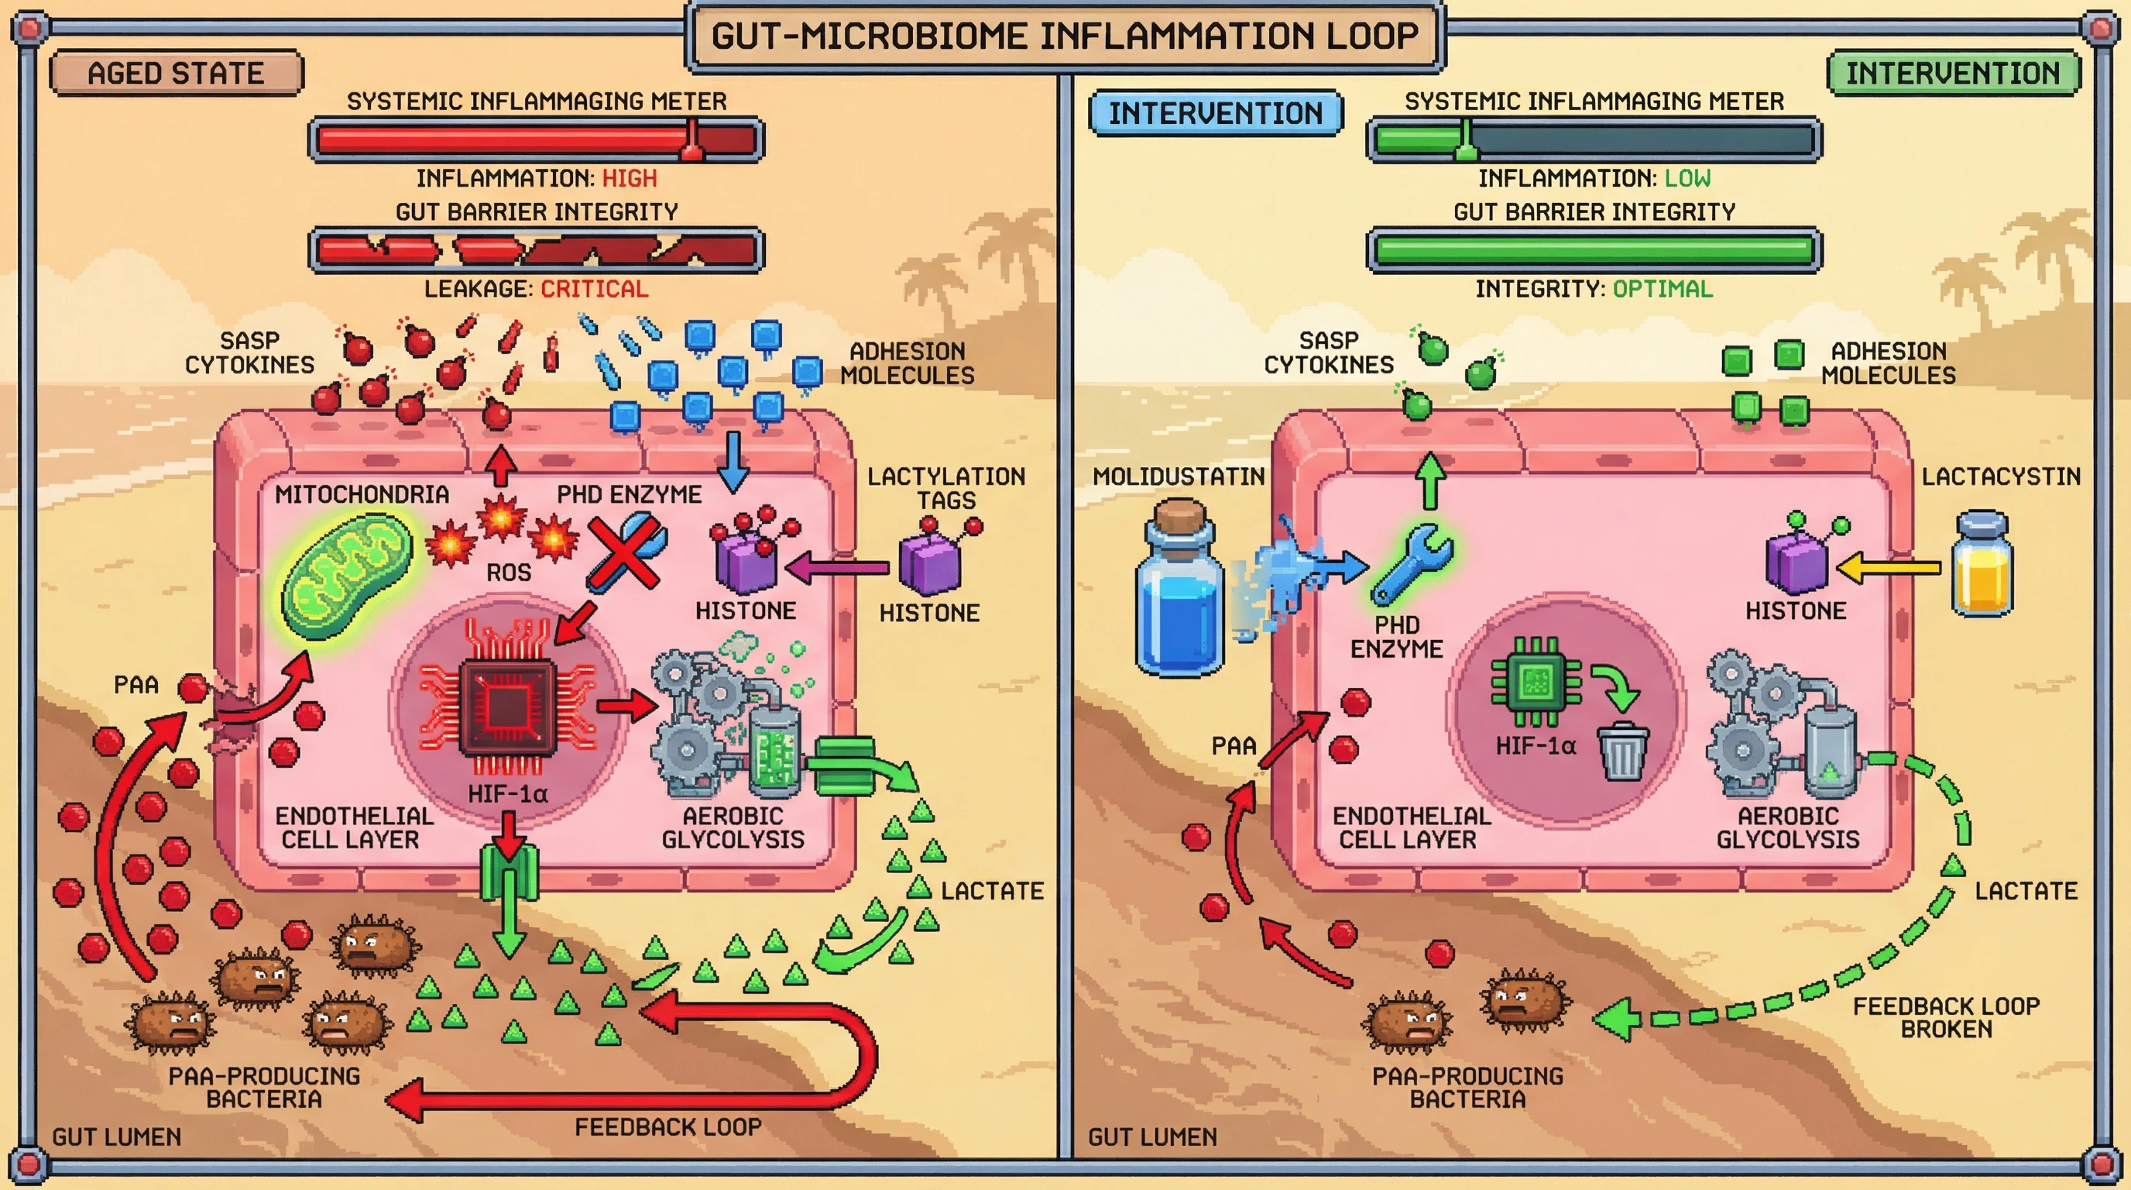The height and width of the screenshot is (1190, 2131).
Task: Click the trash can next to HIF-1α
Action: (1623, 751)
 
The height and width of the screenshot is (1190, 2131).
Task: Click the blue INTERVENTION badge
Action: (1215, 112)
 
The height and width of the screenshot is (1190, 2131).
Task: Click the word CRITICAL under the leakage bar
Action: (594, 289)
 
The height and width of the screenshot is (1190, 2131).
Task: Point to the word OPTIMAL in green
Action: (1662, 289)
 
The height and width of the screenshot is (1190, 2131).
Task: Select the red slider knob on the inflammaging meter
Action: (691, 139)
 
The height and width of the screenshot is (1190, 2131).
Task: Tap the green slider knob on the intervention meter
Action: (1465, 139)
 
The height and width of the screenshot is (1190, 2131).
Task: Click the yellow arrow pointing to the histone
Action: (1887, 568)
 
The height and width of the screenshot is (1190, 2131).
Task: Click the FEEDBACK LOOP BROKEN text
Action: (1945, 1017)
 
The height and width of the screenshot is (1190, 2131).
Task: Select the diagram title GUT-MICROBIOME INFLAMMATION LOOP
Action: (1065, 36)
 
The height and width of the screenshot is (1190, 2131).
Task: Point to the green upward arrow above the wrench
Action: (1430, 480)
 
